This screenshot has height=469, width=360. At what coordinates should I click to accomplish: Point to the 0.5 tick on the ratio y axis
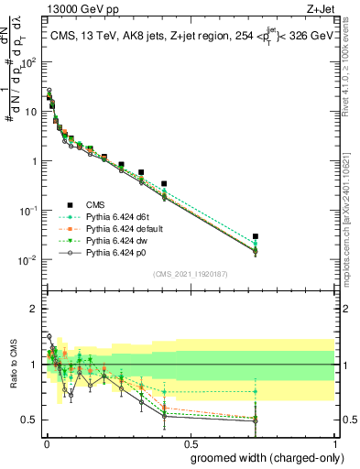30,420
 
